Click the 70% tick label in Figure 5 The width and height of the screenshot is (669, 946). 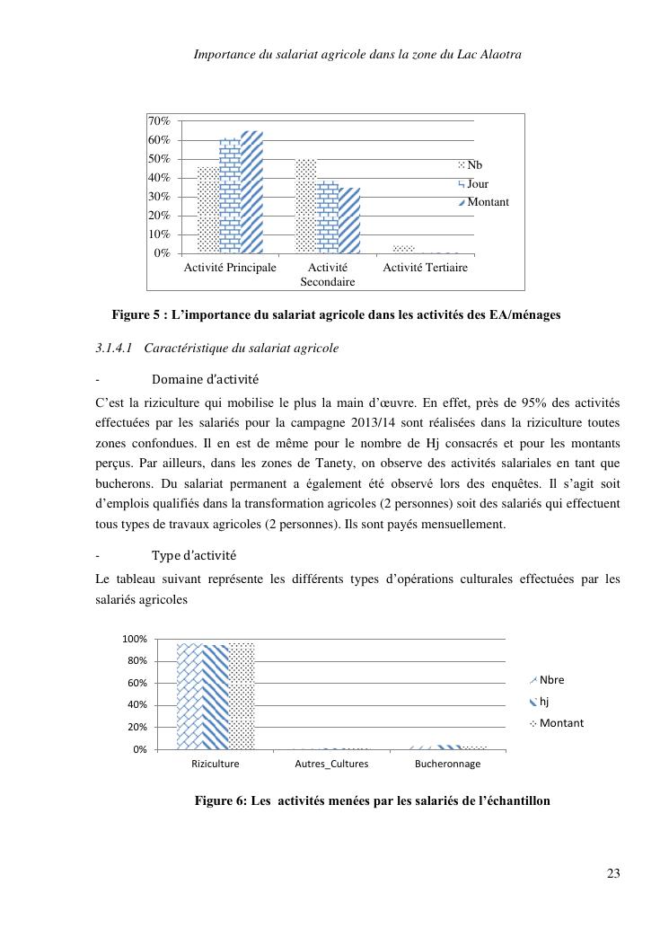[160, 121]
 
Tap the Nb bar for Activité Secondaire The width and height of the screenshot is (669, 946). [306, 207]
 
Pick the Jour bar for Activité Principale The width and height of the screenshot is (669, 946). [230, 196]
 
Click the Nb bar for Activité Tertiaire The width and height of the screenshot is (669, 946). [403, 249]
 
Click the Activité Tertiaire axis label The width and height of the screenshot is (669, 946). [425, 268]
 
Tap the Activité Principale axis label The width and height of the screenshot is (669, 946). [230, 268]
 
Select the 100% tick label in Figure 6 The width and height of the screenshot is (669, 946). [134, 640]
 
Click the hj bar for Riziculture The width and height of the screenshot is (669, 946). [216, 696]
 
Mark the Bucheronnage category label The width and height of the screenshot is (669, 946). [447, 765]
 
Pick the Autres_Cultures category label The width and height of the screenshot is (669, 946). [331, 765]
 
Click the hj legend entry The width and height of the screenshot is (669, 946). [543, 702]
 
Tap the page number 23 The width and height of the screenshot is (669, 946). [613, 873]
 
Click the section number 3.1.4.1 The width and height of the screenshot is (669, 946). [114, 348]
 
